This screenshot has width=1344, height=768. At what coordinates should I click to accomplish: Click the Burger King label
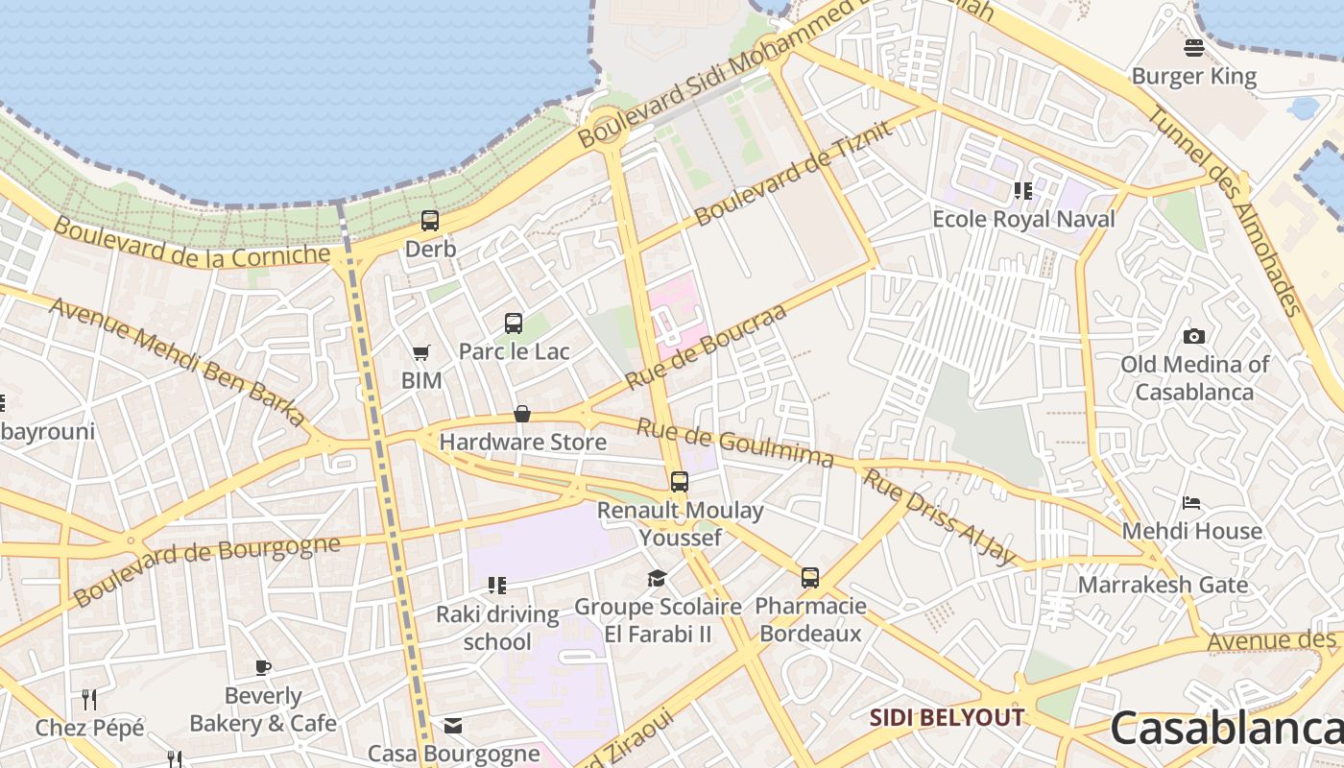click(1193, 76)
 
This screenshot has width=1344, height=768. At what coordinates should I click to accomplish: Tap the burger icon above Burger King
click(1194, 47)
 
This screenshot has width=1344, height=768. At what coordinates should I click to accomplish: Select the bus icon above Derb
click(430, 221)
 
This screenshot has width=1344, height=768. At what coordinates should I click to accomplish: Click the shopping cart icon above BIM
click(420, 353)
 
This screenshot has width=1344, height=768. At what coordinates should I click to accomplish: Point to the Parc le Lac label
click(514, 351)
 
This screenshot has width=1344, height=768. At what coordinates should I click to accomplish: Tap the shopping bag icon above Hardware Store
click(522, 414)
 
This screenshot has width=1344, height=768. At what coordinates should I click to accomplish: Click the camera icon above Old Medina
click(1194, 336)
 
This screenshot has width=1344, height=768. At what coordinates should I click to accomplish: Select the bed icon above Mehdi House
click(1191, 502)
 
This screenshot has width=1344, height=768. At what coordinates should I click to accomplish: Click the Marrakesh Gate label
click(1163, 585)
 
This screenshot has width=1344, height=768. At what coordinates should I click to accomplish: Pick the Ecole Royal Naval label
click(1023, 219)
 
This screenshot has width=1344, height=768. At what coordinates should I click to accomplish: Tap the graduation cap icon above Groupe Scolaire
click(657, 578)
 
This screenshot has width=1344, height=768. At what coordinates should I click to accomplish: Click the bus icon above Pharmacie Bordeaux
click(810, 578)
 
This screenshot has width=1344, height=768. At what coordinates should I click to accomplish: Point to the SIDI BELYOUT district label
click(947, 717)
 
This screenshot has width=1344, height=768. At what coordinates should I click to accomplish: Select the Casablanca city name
click(1227, 728)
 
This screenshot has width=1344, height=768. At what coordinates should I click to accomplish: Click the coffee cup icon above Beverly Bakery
click(263, 668)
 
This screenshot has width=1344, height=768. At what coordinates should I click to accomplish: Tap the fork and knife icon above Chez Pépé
click(89, 698)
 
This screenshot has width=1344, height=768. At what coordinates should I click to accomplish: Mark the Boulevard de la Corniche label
click(192, 242)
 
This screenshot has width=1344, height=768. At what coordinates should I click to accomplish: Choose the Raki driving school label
click(497, 628)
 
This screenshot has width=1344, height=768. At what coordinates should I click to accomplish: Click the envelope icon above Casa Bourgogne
click(453, 726)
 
